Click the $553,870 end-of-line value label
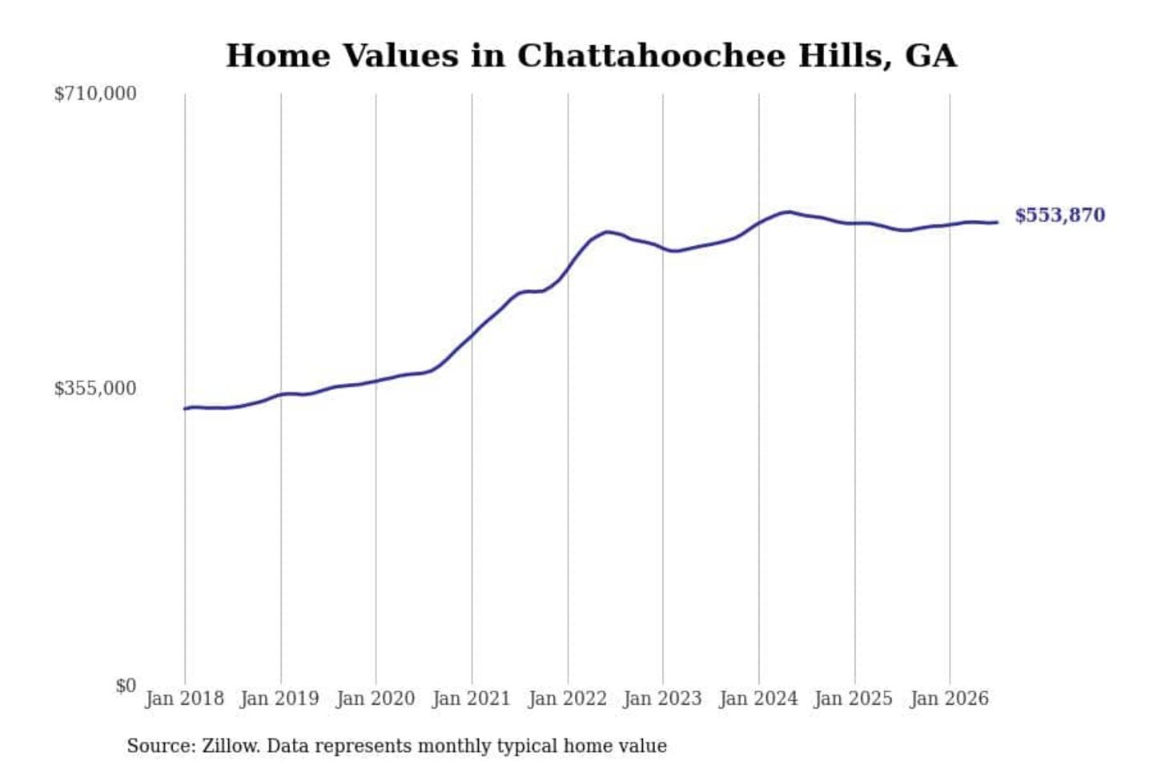tap(1060, 215)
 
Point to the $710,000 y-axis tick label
tap(95, 95)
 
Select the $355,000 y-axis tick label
tap(95, 389)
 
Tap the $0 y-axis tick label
tap(126, 686)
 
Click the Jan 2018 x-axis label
tap(185, 699)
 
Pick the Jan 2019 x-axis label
tap(280, 699)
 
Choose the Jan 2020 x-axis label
tap(376, 699)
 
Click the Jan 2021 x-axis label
tap(472, 699)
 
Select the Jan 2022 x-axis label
tap(568, 699)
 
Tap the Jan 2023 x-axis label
tap(662, 699)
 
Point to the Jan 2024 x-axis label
tap(758, 699)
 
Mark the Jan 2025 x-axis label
tap(854, 699)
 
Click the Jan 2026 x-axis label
tap(950, 699)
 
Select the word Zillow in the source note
tap(231, 746)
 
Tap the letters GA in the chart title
tap(930, 56)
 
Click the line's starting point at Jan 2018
tap(185, 409)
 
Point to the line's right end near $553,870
tap(997, 223)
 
